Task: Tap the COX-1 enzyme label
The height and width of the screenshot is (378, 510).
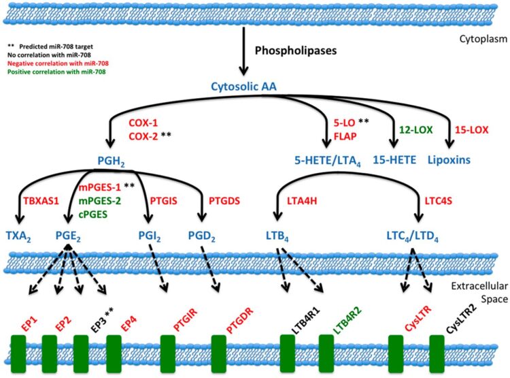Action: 143,123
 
